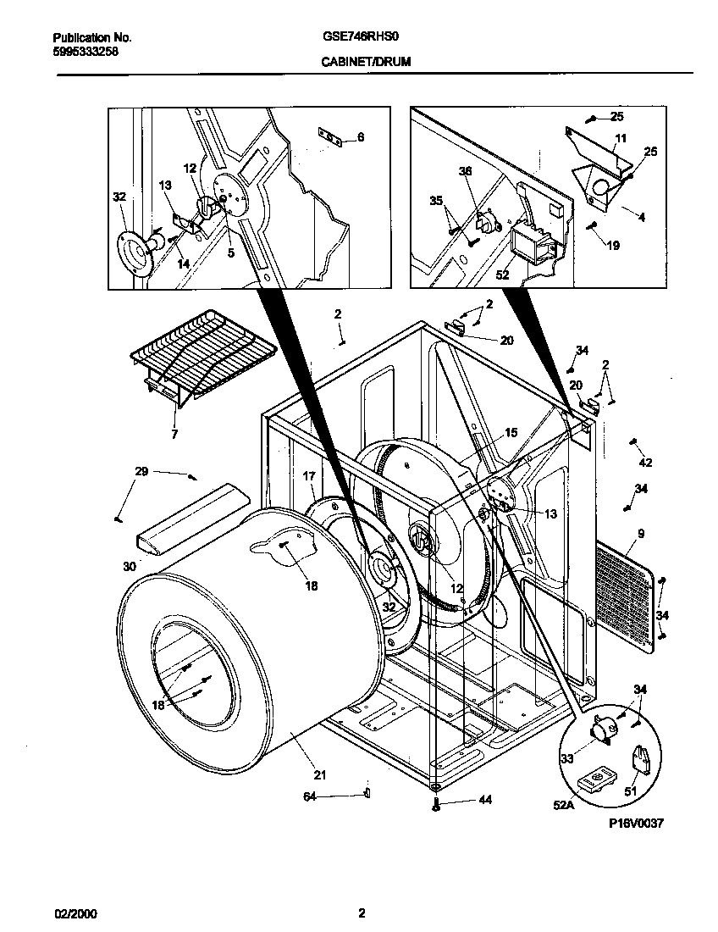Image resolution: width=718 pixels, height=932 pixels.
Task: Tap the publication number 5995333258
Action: (x=86, y=51)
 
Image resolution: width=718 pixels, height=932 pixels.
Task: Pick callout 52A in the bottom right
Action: (x=563, y=806)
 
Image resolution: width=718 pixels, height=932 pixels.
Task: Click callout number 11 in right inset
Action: (x=621, y=137)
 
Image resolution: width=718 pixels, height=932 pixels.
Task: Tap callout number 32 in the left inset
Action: (x=119, y=197)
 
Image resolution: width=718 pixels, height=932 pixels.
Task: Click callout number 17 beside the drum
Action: (x=308, y=477)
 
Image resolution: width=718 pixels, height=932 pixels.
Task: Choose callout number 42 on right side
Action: (x=646, y=463)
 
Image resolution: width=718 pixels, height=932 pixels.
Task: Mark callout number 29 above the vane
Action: (x=141, y=470)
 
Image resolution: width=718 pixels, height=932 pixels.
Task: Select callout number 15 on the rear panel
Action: (x=511, y=433)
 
